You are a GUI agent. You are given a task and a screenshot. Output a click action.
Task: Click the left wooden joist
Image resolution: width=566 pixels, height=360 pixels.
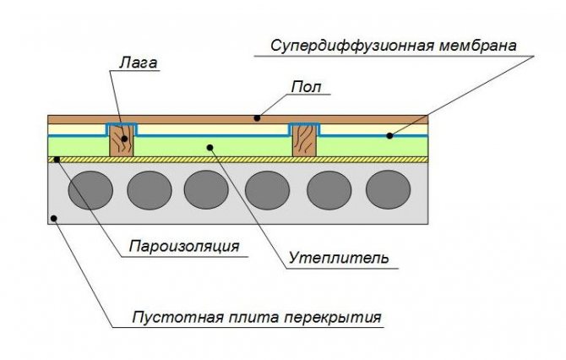(x=122, y=141)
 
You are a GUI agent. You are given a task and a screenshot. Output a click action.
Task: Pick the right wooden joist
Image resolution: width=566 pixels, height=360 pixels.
(x=304, y=141)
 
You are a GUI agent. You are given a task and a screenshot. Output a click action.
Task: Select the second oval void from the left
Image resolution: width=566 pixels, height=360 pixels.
(x=150, y=189)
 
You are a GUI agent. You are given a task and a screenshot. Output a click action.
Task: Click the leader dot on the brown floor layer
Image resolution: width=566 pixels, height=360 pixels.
(x=257, y=117)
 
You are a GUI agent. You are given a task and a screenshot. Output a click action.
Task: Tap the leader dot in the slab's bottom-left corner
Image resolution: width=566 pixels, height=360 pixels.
(x=55, y=217)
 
